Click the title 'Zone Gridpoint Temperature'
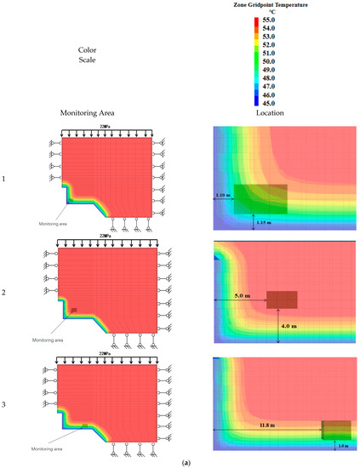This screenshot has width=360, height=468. [x=271, y=6]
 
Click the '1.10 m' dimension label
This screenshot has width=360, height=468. [x=222, y=195]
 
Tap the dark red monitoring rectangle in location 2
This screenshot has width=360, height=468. [x=282, y=300]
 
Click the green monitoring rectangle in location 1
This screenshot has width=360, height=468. [x=260, y=198]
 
